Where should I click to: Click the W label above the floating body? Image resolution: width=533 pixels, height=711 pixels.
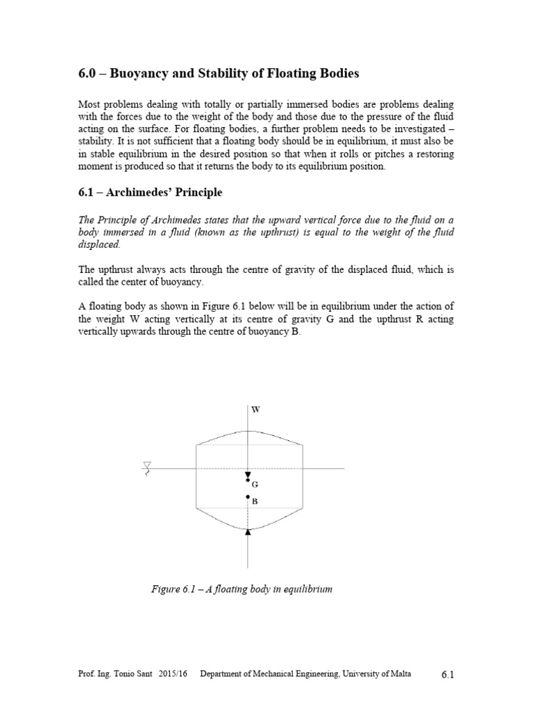point(256,410)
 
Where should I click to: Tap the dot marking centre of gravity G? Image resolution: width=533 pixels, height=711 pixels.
point(248,480)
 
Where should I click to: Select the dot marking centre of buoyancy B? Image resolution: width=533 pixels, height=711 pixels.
point(248,497)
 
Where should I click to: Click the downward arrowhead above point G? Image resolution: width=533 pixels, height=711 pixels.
point(248,474)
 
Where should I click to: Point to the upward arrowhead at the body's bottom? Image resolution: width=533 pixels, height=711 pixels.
point(248,532)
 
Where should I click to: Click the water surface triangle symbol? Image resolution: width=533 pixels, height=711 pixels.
point(146,465)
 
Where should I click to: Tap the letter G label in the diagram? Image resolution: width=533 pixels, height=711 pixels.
point(255,484)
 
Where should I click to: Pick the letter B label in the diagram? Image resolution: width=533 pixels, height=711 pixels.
point(255,501)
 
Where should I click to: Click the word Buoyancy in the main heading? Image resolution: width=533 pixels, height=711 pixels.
point(148,73)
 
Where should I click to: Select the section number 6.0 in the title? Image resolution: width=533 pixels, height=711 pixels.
point(87,73)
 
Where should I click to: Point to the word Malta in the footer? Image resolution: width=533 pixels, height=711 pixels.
point(398,675)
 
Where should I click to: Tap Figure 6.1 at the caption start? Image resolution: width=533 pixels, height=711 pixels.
point(172,589)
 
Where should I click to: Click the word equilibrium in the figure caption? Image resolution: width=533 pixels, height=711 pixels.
point(307,589)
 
